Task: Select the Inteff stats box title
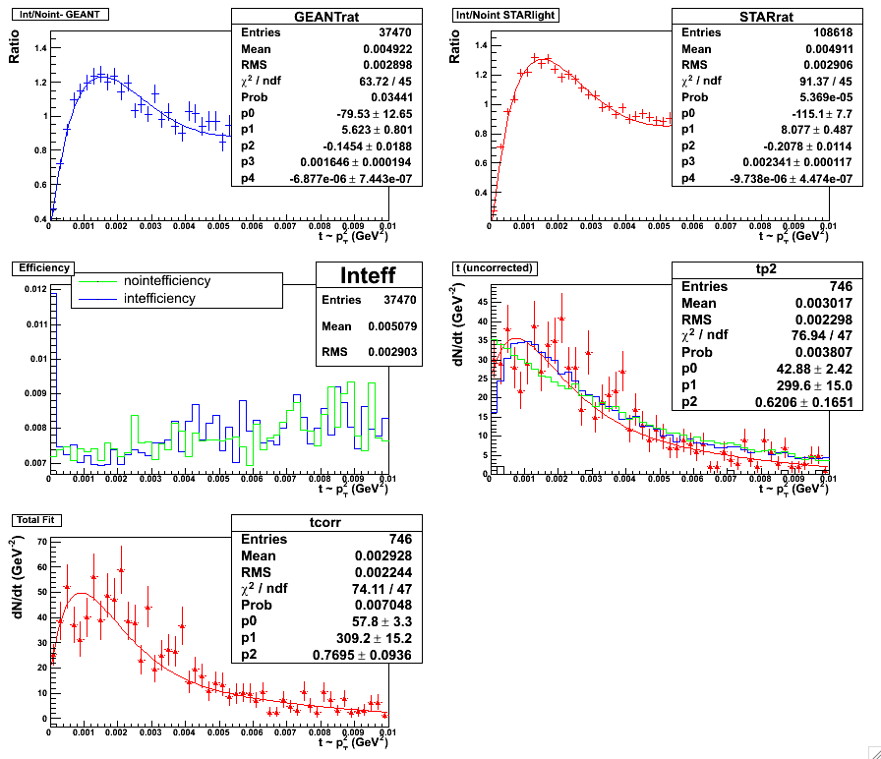pyautogui.click(x=355, y=274)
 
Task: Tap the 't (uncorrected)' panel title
pyautogui.click(x=493, y=266)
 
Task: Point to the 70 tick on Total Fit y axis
pyautogui.click(x=40, y=542)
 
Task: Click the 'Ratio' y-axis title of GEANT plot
pyautogui.click(x=14, y=52)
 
